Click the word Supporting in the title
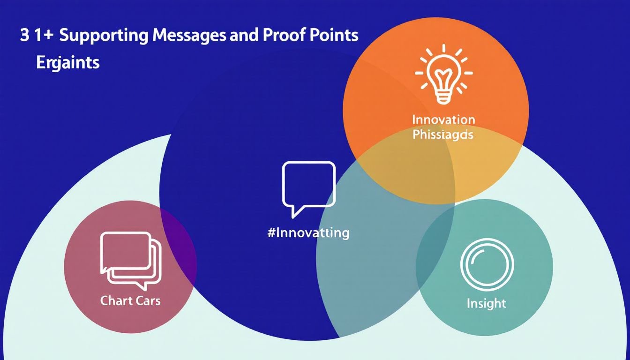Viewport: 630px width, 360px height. [101, 37]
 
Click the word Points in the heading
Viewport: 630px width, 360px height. [336, 36]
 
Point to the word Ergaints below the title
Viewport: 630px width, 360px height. [68, 62]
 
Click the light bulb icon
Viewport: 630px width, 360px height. [443, 75]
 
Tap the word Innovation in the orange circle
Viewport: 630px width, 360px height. [443, 120]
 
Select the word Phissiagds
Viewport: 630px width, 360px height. [443, 135]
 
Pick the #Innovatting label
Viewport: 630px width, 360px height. [308, 233]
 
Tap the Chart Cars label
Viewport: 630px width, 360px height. [130, 300]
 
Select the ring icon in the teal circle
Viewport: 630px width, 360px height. [487, 267]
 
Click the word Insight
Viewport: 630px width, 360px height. [487, 304]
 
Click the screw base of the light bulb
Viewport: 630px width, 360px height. [443, 97]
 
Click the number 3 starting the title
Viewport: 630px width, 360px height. [24, 36]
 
